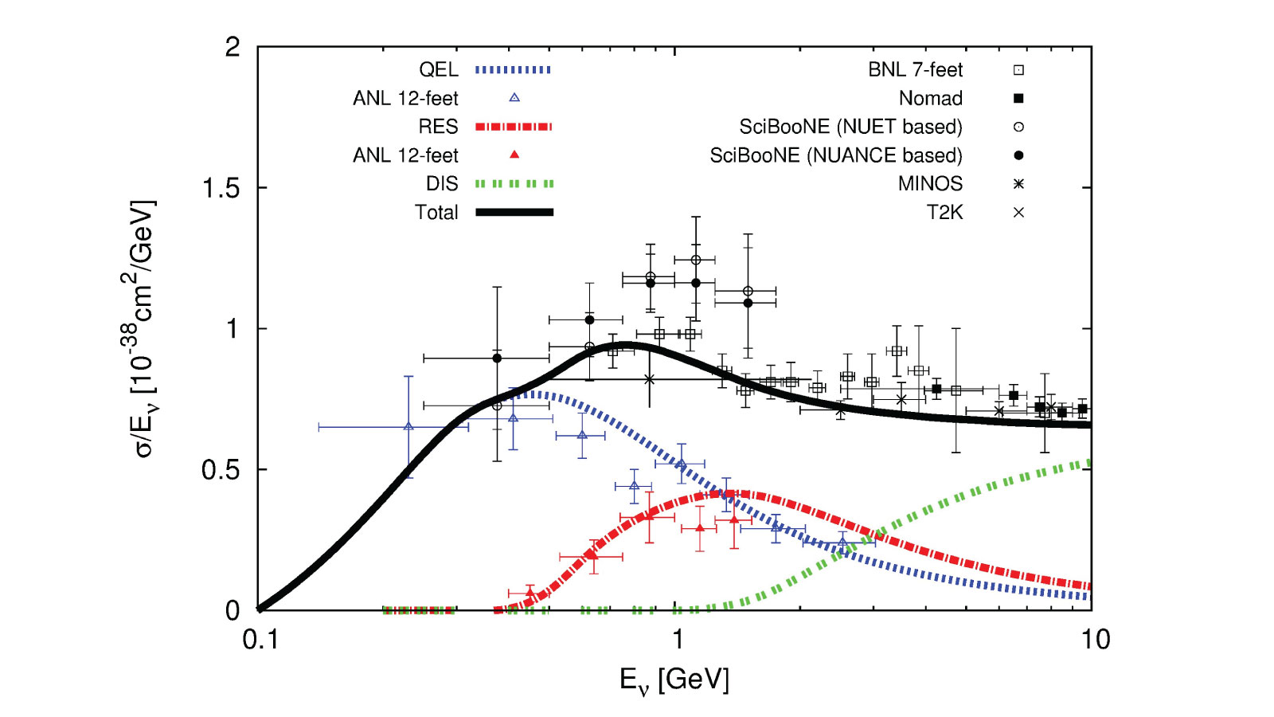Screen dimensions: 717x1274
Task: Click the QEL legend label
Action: coord(438,70)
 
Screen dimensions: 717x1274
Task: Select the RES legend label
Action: coord(438,127)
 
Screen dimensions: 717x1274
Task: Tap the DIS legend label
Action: coord(441,184)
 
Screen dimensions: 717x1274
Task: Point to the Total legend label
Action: coord(436,213)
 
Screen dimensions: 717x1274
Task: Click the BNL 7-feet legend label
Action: coord(915,70)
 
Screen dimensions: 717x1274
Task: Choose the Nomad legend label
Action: coord(930,99)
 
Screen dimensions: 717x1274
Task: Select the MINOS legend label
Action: coord(930,184)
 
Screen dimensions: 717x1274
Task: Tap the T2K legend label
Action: coord(944,213)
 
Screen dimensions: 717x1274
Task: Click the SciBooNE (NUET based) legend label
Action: coord(850,127)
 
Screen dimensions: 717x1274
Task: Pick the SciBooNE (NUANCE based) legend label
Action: coord(836,155)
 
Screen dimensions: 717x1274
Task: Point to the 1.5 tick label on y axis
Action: coord(221,188)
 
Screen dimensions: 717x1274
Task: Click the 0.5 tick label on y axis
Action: coord(221,470)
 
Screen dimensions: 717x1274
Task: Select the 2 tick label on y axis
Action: coord(232,48)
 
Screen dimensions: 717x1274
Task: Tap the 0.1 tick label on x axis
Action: coord(260,639)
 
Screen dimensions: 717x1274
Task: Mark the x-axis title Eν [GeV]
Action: coord(674,680)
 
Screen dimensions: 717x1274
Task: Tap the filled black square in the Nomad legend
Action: coord(1018,99)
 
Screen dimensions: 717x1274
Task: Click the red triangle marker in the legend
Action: coord(514,155)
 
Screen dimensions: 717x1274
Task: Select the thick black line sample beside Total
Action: coord(514,213)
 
